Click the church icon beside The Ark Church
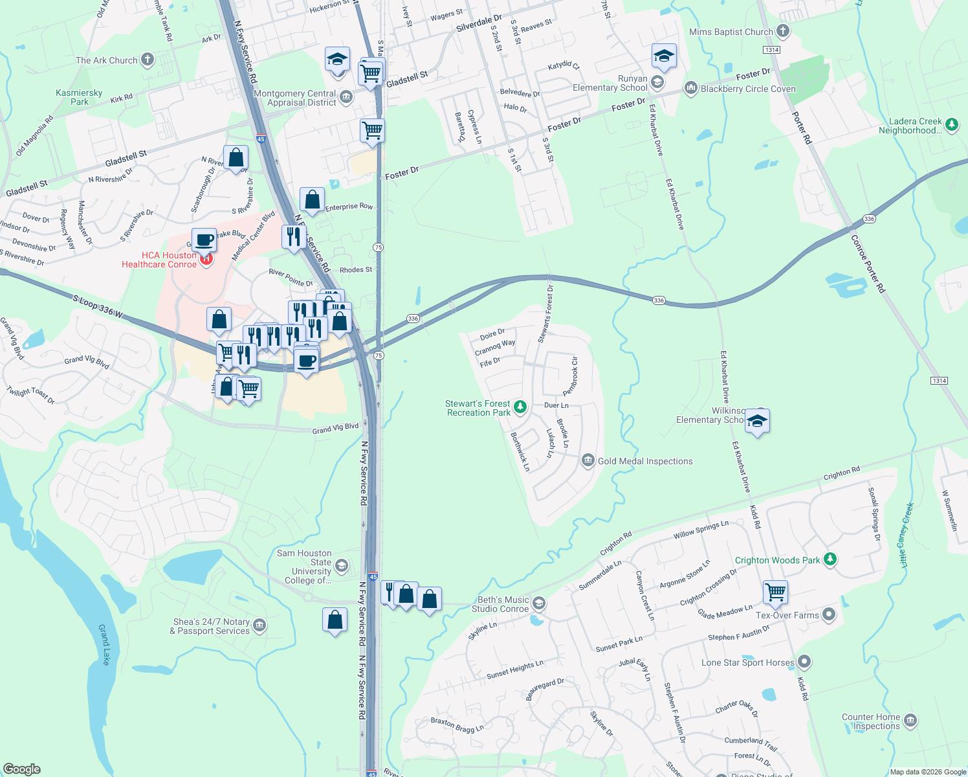click(148, 60)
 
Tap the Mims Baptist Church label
click(731, 32)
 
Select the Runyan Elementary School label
click(610, 83)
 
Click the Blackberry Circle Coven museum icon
click(690, 88)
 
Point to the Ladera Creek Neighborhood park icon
click(951, 125)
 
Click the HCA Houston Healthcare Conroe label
click(159, 260)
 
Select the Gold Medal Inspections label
click(645, 461)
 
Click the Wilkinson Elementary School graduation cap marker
click(756, 422)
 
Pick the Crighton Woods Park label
click(777, 560)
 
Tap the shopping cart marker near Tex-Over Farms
click(775, 592)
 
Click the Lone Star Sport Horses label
click(747, 662)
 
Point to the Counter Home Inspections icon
click(910, 720)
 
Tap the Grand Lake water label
click(105, 644)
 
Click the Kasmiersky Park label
click(79, 97)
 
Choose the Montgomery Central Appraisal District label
click(295, 98)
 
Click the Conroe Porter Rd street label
click(868, 264)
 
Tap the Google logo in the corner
click(21, 769)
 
